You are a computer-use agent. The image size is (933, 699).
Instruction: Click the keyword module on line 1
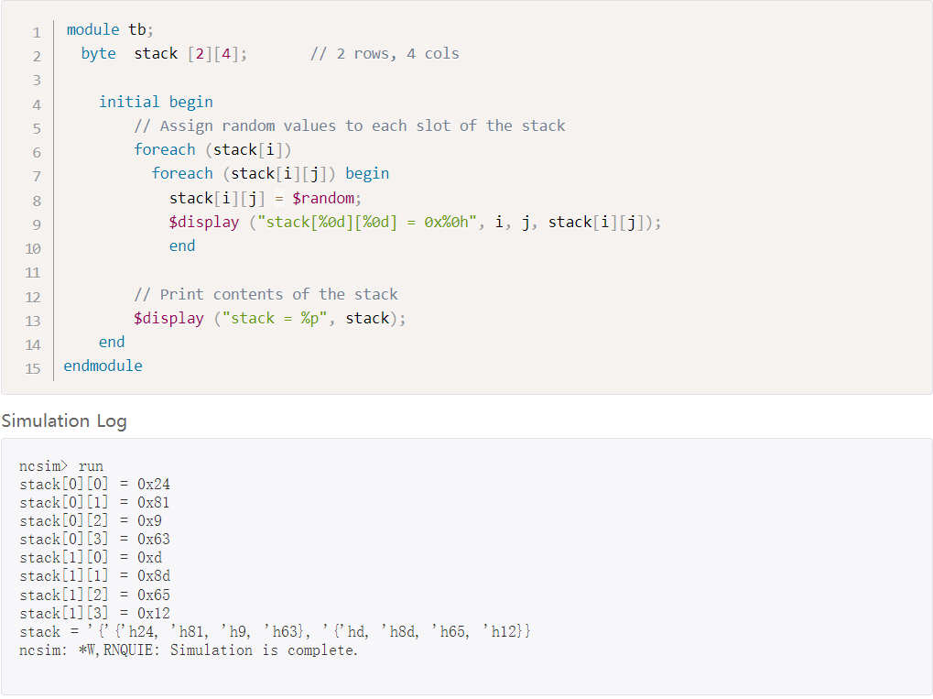[92, 29]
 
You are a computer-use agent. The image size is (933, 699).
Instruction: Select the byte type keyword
[98, 53]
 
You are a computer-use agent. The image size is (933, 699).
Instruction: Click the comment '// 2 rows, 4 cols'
[385, 53]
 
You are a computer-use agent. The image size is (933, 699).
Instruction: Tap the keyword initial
[129, 102]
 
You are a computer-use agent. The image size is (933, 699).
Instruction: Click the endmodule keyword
[103, 366]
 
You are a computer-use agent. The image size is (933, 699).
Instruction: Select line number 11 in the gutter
[33, 272]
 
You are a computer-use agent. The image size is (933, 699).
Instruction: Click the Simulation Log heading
[64, 421]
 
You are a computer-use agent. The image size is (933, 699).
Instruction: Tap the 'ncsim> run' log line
[61, 466]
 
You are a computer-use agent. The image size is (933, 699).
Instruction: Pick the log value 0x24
[153, 485]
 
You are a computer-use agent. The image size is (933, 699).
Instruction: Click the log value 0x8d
[153, 576]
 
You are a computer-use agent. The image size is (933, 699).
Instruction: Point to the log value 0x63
[153, 540]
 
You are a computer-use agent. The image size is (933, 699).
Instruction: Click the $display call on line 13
[168, 318]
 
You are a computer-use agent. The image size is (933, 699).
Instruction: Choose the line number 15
[33, 368]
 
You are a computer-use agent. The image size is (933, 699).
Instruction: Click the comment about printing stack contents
[266, 294]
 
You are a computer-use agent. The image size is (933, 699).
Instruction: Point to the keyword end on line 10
[182, 246]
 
